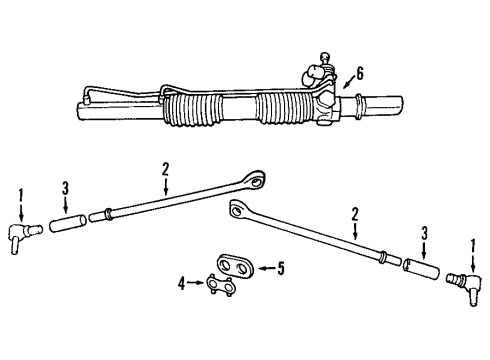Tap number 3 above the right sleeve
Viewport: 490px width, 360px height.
pos(426,233)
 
